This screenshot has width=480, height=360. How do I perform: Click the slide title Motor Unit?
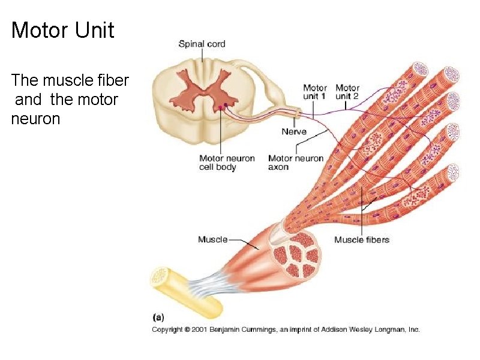coord(62,30)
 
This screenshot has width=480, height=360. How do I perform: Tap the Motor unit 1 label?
coord(315,92)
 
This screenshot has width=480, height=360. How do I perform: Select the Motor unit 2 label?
coord(347,92)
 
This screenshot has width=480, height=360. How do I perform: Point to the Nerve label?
coord(294,131)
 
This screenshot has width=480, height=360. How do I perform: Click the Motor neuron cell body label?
coord(227,163)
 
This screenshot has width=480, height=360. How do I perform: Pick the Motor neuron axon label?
coord(295,163)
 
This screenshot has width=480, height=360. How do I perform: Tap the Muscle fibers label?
coord(361,240)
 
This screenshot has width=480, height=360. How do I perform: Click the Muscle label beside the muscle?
coord(212,239)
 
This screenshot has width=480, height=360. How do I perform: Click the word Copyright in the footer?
coord(167,329)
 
